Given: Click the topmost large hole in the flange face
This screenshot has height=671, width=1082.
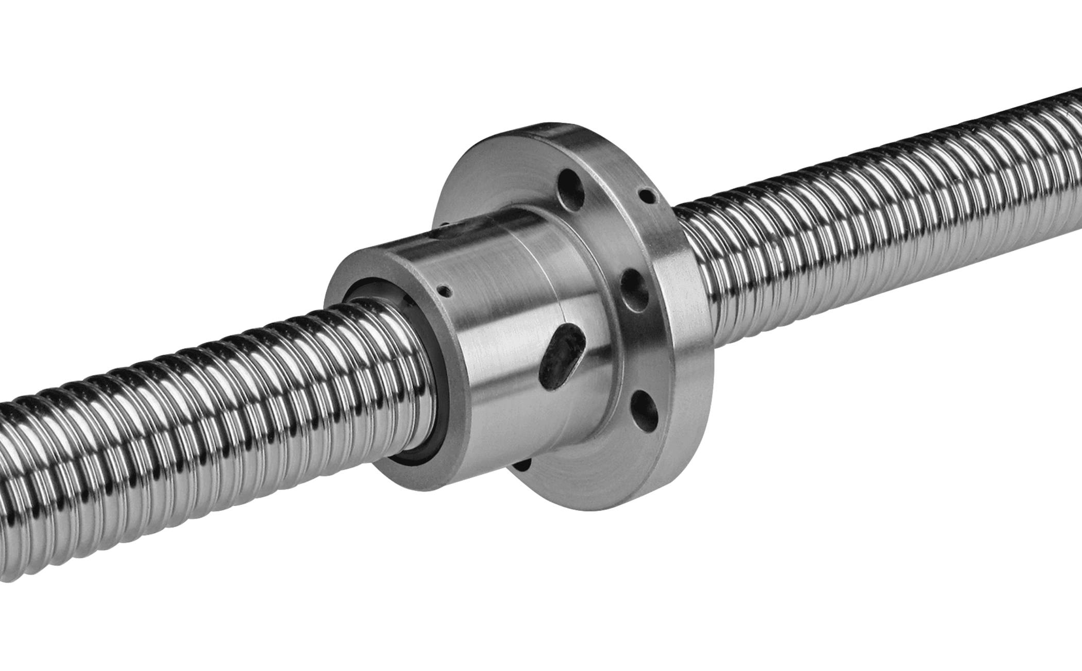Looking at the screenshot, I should pos(571,189).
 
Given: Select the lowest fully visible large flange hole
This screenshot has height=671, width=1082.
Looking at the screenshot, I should pos(645,410).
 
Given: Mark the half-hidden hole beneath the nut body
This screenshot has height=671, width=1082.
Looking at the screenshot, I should pos(521,464).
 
